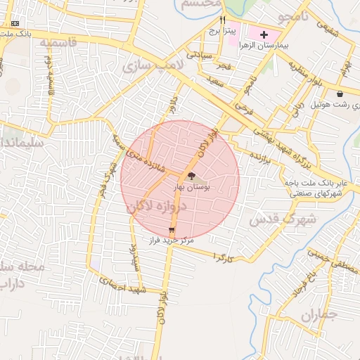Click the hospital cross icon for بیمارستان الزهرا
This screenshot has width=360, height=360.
pyautogui.click(x=264, y=34)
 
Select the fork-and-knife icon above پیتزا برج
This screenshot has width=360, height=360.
pyautogui.click(x=224, y=20)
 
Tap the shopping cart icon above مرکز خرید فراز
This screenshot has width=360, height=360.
pyautogui.click(x=172, y=230)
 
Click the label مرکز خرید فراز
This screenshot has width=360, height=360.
pyautogui.click(x=172, y=240)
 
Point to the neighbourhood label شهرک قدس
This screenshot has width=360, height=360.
pyautogui.click(x=282, y=219)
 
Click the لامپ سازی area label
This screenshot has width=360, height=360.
pyautogui.click(x=153, y=66)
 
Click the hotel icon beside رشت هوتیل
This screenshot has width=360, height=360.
pyautogui.click(x=340, y=94)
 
